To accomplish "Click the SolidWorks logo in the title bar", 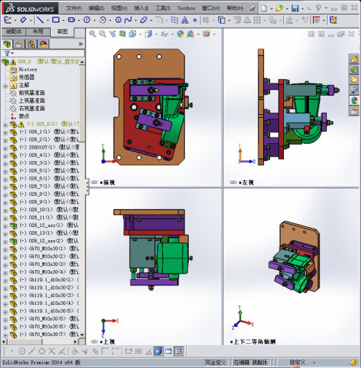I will tap(25, 8).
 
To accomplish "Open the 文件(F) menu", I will tap(74, 8).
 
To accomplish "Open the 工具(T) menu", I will tap(162, 8).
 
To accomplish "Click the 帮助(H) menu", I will tap(235, 8).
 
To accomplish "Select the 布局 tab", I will tap(37, 32).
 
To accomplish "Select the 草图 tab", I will tap(62, 32).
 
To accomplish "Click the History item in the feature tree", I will tap(28, 69).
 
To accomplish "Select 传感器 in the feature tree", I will tap(28, 77).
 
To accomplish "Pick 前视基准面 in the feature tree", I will tap(32, 93).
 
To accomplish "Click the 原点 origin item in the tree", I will tap(24, 116).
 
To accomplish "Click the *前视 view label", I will tap(106, 183).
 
